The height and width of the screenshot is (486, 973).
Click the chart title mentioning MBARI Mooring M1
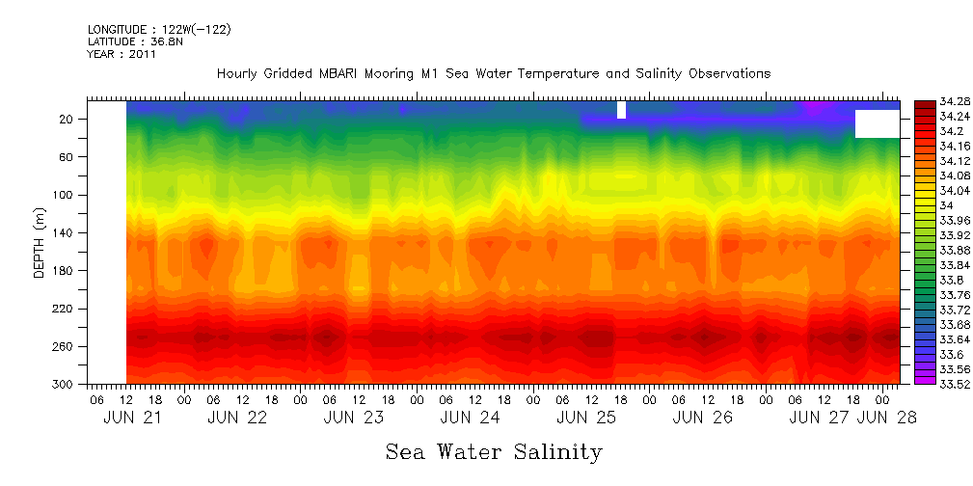click(493, 73)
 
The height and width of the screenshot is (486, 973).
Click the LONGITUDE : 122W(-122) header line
click(159, 30)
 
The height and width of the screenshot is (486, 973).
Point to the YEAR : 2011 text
click(122, 55)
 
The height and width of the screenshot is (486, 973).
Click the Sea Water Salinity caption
click(494, 451)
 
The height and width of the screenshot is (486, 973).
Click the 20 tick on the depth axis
click(68, 119)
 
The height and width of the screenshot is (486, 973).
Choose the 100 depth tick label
click(65, 195)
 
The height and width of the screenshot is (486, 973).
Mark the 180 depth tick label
click(65, 271)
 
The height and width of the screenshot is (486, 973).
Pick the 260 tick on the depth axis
click(65, 346)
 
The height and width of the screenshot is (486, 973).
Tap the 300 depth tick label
click(65, 385)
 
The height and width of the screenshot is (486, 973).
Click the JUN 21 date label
click(132, 418)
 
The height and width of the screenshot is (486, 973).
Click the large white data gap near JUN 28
click(877, 123)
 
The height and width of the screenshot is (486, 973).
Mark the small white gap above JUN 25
click(621, 110)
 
